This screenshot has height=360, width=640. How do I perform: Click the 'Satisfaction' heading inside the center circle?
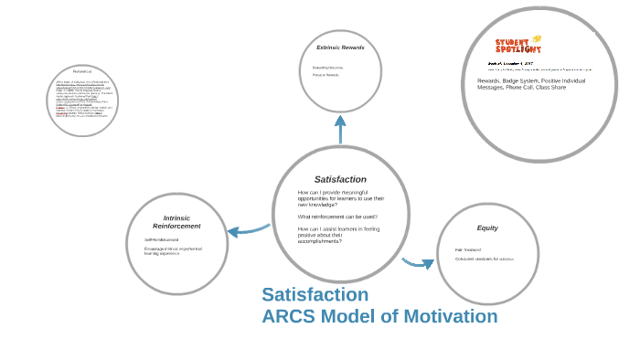click(340, 179)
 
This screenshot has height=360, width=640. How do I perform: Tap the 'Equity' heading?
click(487, 228)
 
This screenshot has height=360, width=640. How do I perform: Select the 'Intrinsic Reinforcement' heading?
click(176, 222)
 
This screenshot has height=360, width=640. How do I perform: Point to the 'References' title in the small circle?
click(82, 71)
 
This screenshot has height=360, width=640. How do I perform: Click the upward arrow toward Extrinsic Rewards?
click(340, 129)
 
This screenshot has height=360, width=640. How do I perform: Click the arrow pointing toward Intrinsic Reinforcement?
click(247, 229)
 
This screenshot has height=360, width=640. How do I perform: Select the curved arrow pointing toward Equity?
click(419, 263)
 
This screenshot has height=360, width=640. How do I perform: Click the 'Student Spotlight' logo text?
click(518, 46)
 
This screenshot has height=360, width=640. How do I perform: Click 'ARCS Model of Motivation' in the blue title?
click(379, 317)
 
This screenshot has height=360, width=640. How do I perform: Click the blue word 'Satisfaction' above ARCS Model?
click(315, 295)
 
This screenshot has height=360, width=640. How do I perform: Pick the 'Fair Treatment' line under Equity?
click(468, 249)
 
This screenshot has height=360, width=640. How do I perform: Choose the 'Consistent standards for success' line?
click(485, 259)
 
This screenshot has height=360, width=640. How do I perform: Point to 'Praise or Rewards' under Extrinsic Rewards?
click(325, 75)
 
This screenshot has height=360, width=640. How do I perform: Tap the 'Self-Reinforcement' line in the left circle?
click(160, 240)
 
